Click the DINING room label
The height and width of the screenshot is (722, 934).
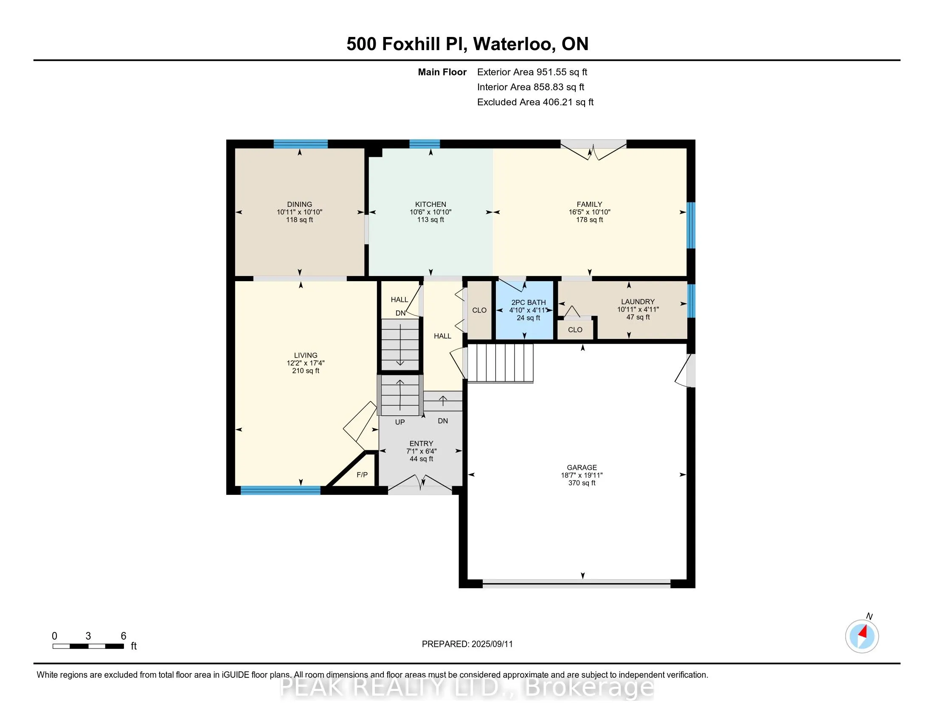(299, 204)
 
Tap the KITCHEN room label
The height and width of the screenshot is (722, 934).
(430, 204)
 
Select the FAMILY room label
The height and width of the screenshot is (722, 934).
(589, 204)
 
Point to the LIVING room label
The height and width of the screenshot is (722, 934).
(306, 355)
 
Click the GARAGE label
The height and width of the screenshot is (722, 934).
(582, 468)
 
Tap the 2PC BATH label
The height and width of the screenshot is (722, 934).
(529, 302)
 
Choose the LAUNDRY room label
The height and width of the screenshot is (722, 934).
(638, 302)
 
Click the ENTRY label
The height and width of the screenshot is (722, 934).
(421, 443)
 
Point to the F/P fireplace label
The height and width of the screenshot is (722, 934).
(362, 475)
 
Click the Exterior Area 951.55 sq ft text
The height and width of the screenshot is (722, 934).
(532, 72)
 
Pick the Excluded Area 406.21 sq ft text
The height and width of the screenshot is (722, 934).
(535, 102)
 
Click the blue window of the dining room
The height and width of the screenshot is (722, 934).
(301, 144)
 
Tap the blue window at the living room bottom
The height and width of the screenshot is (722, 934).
(281, 491)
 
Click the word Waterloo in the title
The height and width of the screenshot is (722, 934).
(513, 44)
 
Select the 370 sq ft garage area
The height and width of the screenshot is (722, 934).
(582, 483)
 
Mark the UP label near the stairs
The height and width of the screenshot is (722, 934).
(400, 422)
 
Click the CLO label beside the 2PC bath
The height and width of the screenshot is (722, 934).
(479, 310)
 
